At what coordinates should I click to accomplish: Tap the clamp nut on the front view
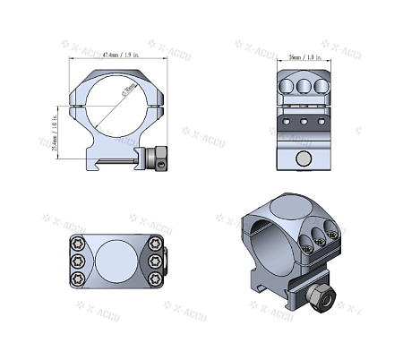pyautogui.click(x=159, y=158)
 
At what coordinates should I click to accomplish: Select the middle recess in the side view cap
pyautogui.click(x=304, y=87)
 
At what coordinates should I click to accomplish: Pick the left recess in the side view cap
pyautogui.click(x=287, y=87)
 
